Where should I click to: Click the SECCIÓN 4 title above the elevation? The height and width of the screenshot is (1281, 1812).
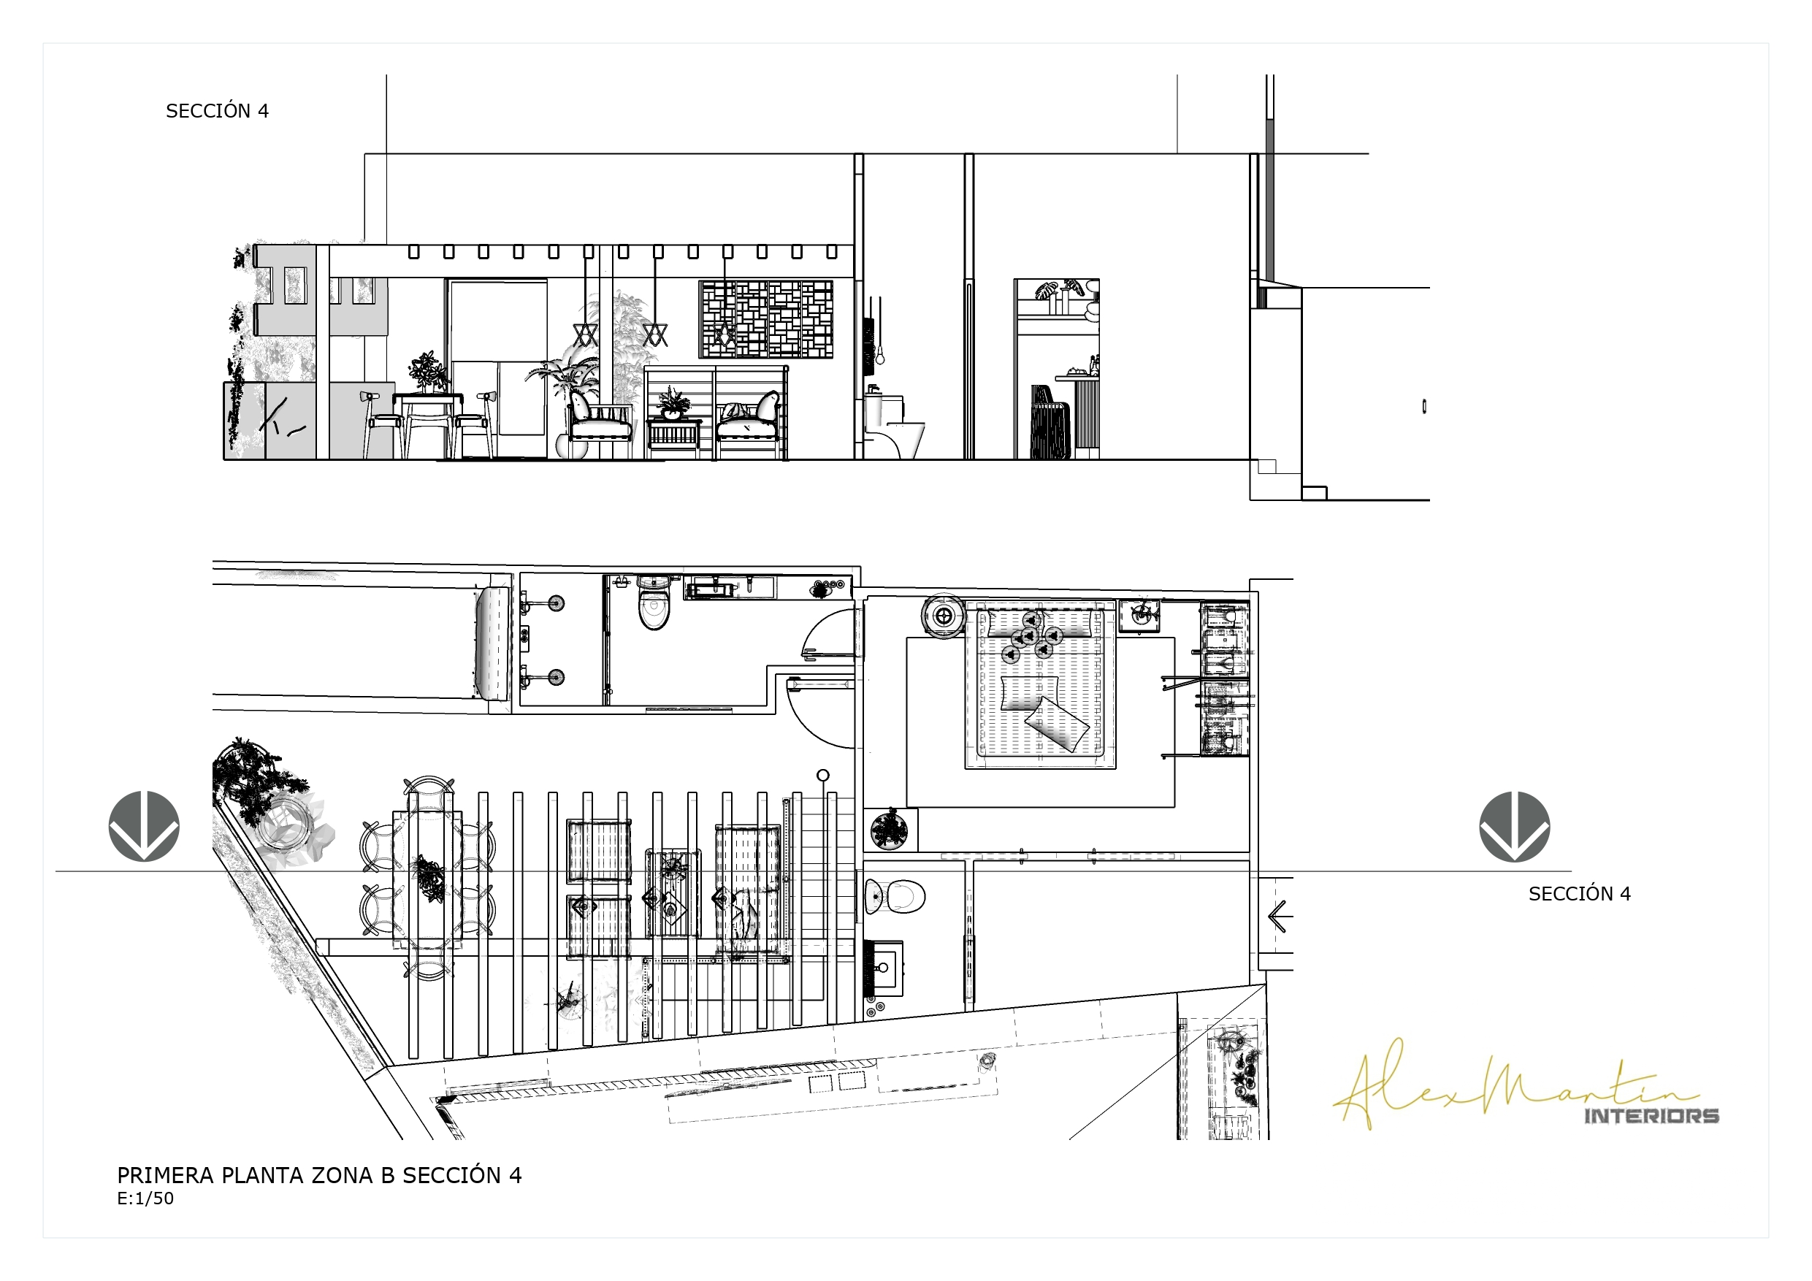(217, 111)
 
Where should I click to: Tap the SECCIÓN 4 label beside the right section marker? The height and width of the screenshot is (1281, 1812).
(1579, 893)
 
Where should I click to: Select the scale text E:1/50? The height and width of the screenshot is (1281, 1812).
(145, 1198)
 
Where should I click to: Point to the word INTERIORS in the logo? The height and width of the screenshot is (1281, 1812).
(1652, 1115)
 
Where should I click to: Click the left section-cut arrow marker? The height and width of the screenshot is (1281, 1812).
(144, 827)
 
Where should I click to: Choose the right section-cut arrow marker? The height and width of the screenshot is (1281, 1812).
(1515, 827)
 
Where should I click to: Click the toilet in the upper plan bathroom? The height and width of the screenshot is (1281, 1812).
(654, 604)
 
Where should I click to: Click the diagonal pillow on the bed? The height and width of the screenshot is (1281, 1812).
(1056, 724)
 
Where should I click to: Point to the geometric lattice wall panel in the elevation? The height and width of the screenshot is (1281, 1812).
(765, 320)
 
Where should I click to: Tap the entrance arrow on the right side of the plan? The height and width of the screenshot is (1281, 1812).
(1280, 916)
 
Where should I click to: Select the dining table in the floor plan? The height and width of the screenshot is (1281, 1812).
(428, 878)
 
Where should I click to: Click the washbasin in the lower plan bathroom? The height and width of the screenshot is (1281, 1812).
(884, 966)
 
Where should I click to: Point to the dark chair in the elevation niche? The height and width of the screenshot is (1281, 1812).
(1051, 422)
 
